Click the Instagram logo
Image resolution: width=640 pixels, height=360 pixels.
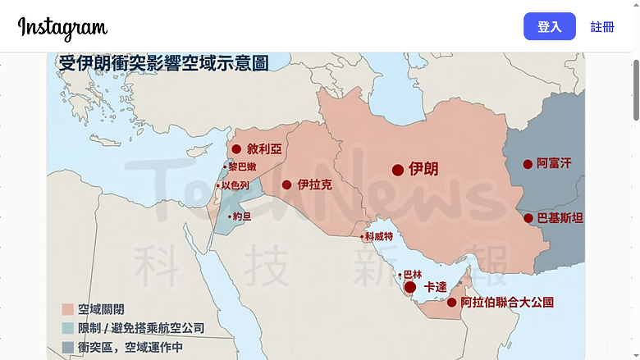62,27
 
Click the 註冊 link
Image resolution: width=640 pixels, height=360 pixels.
602,27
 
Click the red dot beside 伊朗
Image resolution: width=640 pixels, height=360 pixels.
398,170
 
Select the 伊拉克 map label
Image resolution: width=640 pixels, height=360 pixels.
315,185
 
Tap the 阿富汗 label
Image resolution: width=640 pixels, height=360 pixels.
554,164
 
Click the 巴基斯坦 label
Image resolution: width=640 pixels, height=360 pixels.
560,218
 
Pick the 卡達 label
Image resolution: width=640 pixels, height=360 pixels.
436,287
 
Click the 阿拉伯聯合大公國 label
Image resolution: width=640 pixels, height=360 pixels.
507,303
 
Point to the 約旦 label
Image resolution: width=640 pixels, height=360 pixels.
242,216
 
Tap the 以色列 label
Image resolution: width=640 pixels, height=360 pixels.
235,185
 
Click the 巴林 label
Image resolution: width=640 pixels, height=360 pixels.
413,275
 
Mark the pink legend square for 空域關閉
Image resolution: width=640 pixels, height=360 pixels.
68,310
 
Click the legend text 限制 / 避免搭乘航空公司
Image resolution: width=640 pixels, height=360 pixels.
141,329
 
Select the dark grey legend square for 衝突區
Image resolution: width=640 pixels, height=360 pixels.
68,348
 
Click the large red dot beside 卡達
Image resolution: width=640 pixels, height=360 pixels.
410,287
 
